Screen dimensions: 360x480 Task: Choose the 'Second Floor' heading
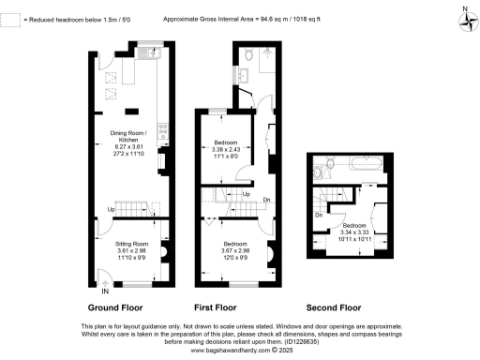coord(334,307)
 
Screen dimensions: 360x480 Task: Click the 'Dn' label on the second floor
coord(319,217)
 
